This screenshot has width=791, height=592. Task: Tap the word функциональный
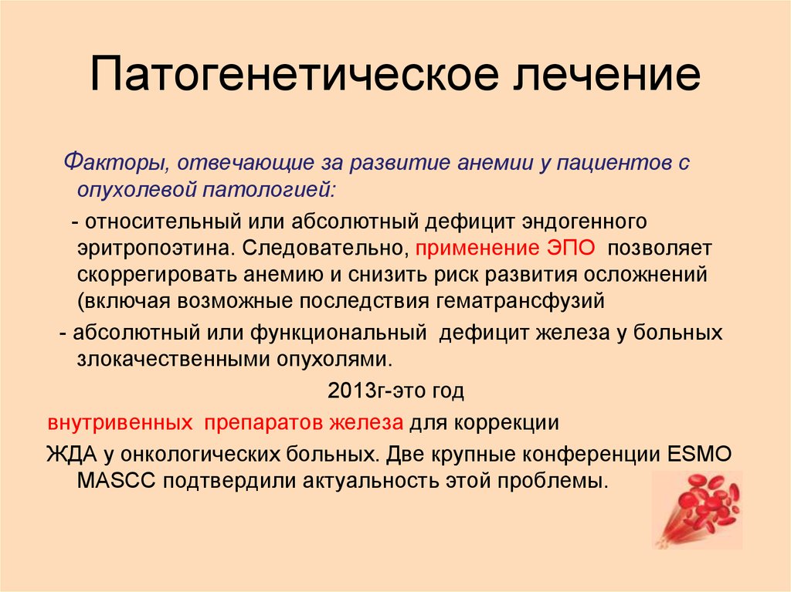[x=338, y=333]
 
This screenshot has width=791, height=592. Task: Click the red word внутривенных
[x=120, y=424]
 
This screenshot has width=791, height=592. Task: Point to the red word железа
[x=375, y=424]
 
